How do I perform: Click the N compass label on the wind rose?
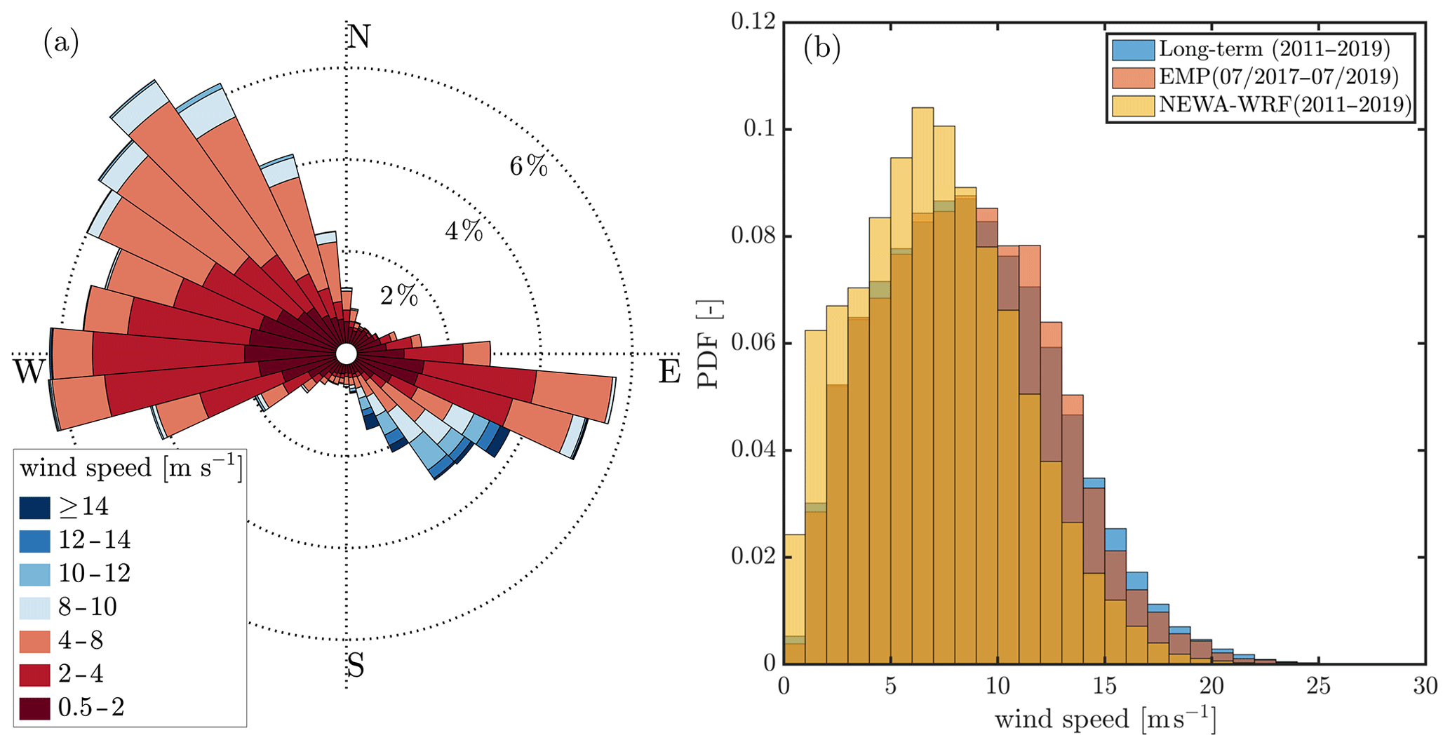pyautogui.click(x=359, y=36)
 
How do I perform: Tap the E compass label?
pyautogui.click(x=669, y=372)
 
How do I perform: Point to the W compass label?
pyautogui.click(x=29, y=372)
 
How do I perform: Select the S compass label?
pyautogui.click(x=356, y=666)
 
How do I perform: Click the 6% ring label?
pyautogui.click(x=528, y=166)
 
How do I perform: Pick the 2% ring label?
pyautogui.click(x=399, y=296)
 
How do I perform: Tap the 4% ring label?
pyautogui.click(x=464, y=231)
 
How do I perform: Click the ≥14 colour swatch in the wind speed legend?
pyautogui.click(x=35, y=507)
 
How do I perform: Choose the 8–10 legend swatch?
pyautogui.click(x=35, y=607)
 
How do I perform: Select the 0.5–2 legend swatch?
pyautogui.click(x=35, y=708)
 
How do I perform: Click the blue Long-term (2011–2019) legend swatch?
pyautogui.click(x=1132, y=49)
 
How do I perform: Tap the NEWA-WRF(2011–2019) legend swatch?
pyautogui.click(x=1132, y=105)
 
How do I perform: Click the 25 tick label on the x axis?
pyautogui.click(x=1318, y=686)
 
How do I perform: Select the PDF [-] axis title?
pyautogui.click(x=710, y=344)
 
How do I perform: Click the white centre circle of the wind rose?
pyautogui.click(x=346, y=354)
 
